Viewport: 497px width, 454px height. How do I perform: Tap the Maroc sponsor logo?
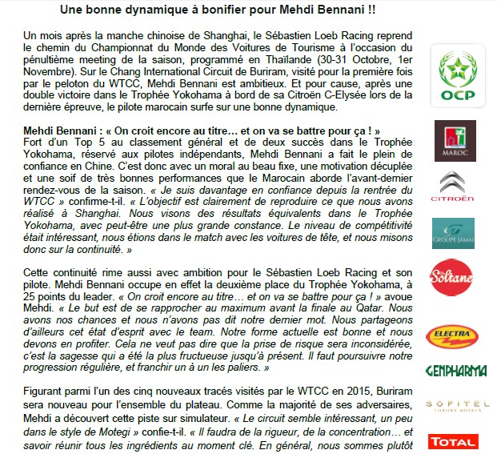click(453, 139)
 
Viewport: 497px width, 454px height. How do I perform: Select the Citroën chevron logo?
click(454, 187)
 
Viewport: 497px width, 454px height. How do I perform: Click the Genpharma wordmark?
click(453, 372)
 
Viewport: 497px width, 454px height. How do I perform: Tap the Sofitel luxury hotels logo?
click(453, 405)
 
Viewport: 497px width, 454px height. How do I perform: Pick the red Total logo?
click(453, 441)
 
